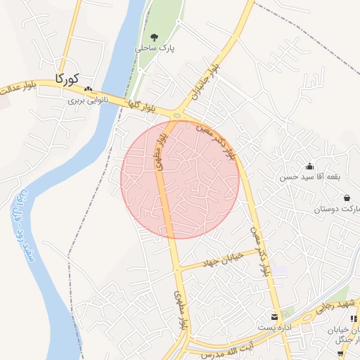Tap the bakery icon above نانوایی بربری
coord(88,90)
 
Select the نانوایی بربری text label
coord(86,101)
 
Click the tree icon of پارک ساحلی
coord(154,38)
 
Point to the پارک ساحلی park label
coord(154,50)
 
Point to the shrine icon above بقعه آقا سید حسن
coord(309,167)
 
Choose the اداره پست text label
coord(273,328)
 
